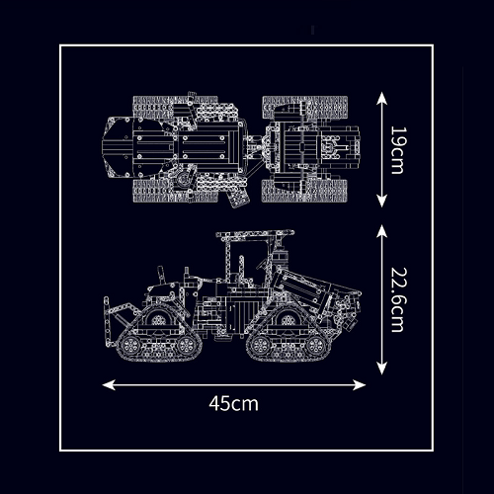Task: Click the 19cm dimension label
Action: [398, 150]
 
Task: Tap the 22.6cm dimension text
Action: [398, 299]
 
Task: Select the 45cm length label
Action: [233, 403]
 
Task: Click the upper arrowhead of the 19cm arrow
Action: [381, 98]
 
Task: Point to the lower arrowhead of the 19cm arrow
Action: [381, 201]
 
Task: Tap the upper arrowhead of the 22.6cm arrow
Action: [381, 231]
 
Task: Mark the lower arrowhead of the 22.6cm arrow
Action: [381, 369]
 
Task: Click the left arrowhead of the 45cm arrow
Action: [109, 384]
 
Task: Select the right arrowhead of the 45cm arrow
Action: [359, 384]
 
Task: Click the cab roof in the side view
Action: [255, 234]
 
